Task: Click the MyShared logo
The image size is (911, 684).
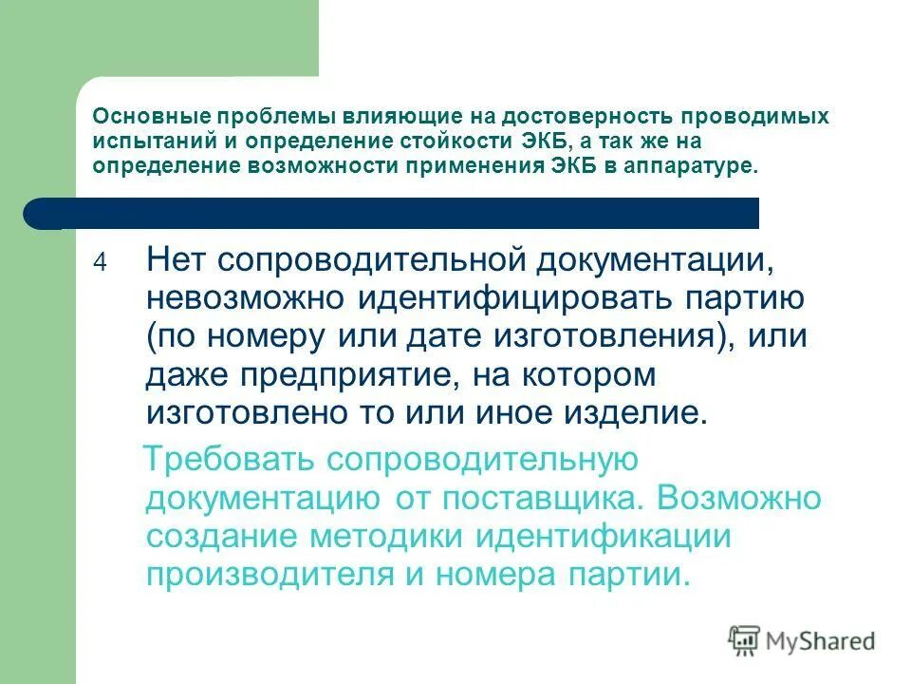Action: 802,641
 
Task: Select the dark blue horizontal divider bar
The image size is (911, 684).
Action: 399,214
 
